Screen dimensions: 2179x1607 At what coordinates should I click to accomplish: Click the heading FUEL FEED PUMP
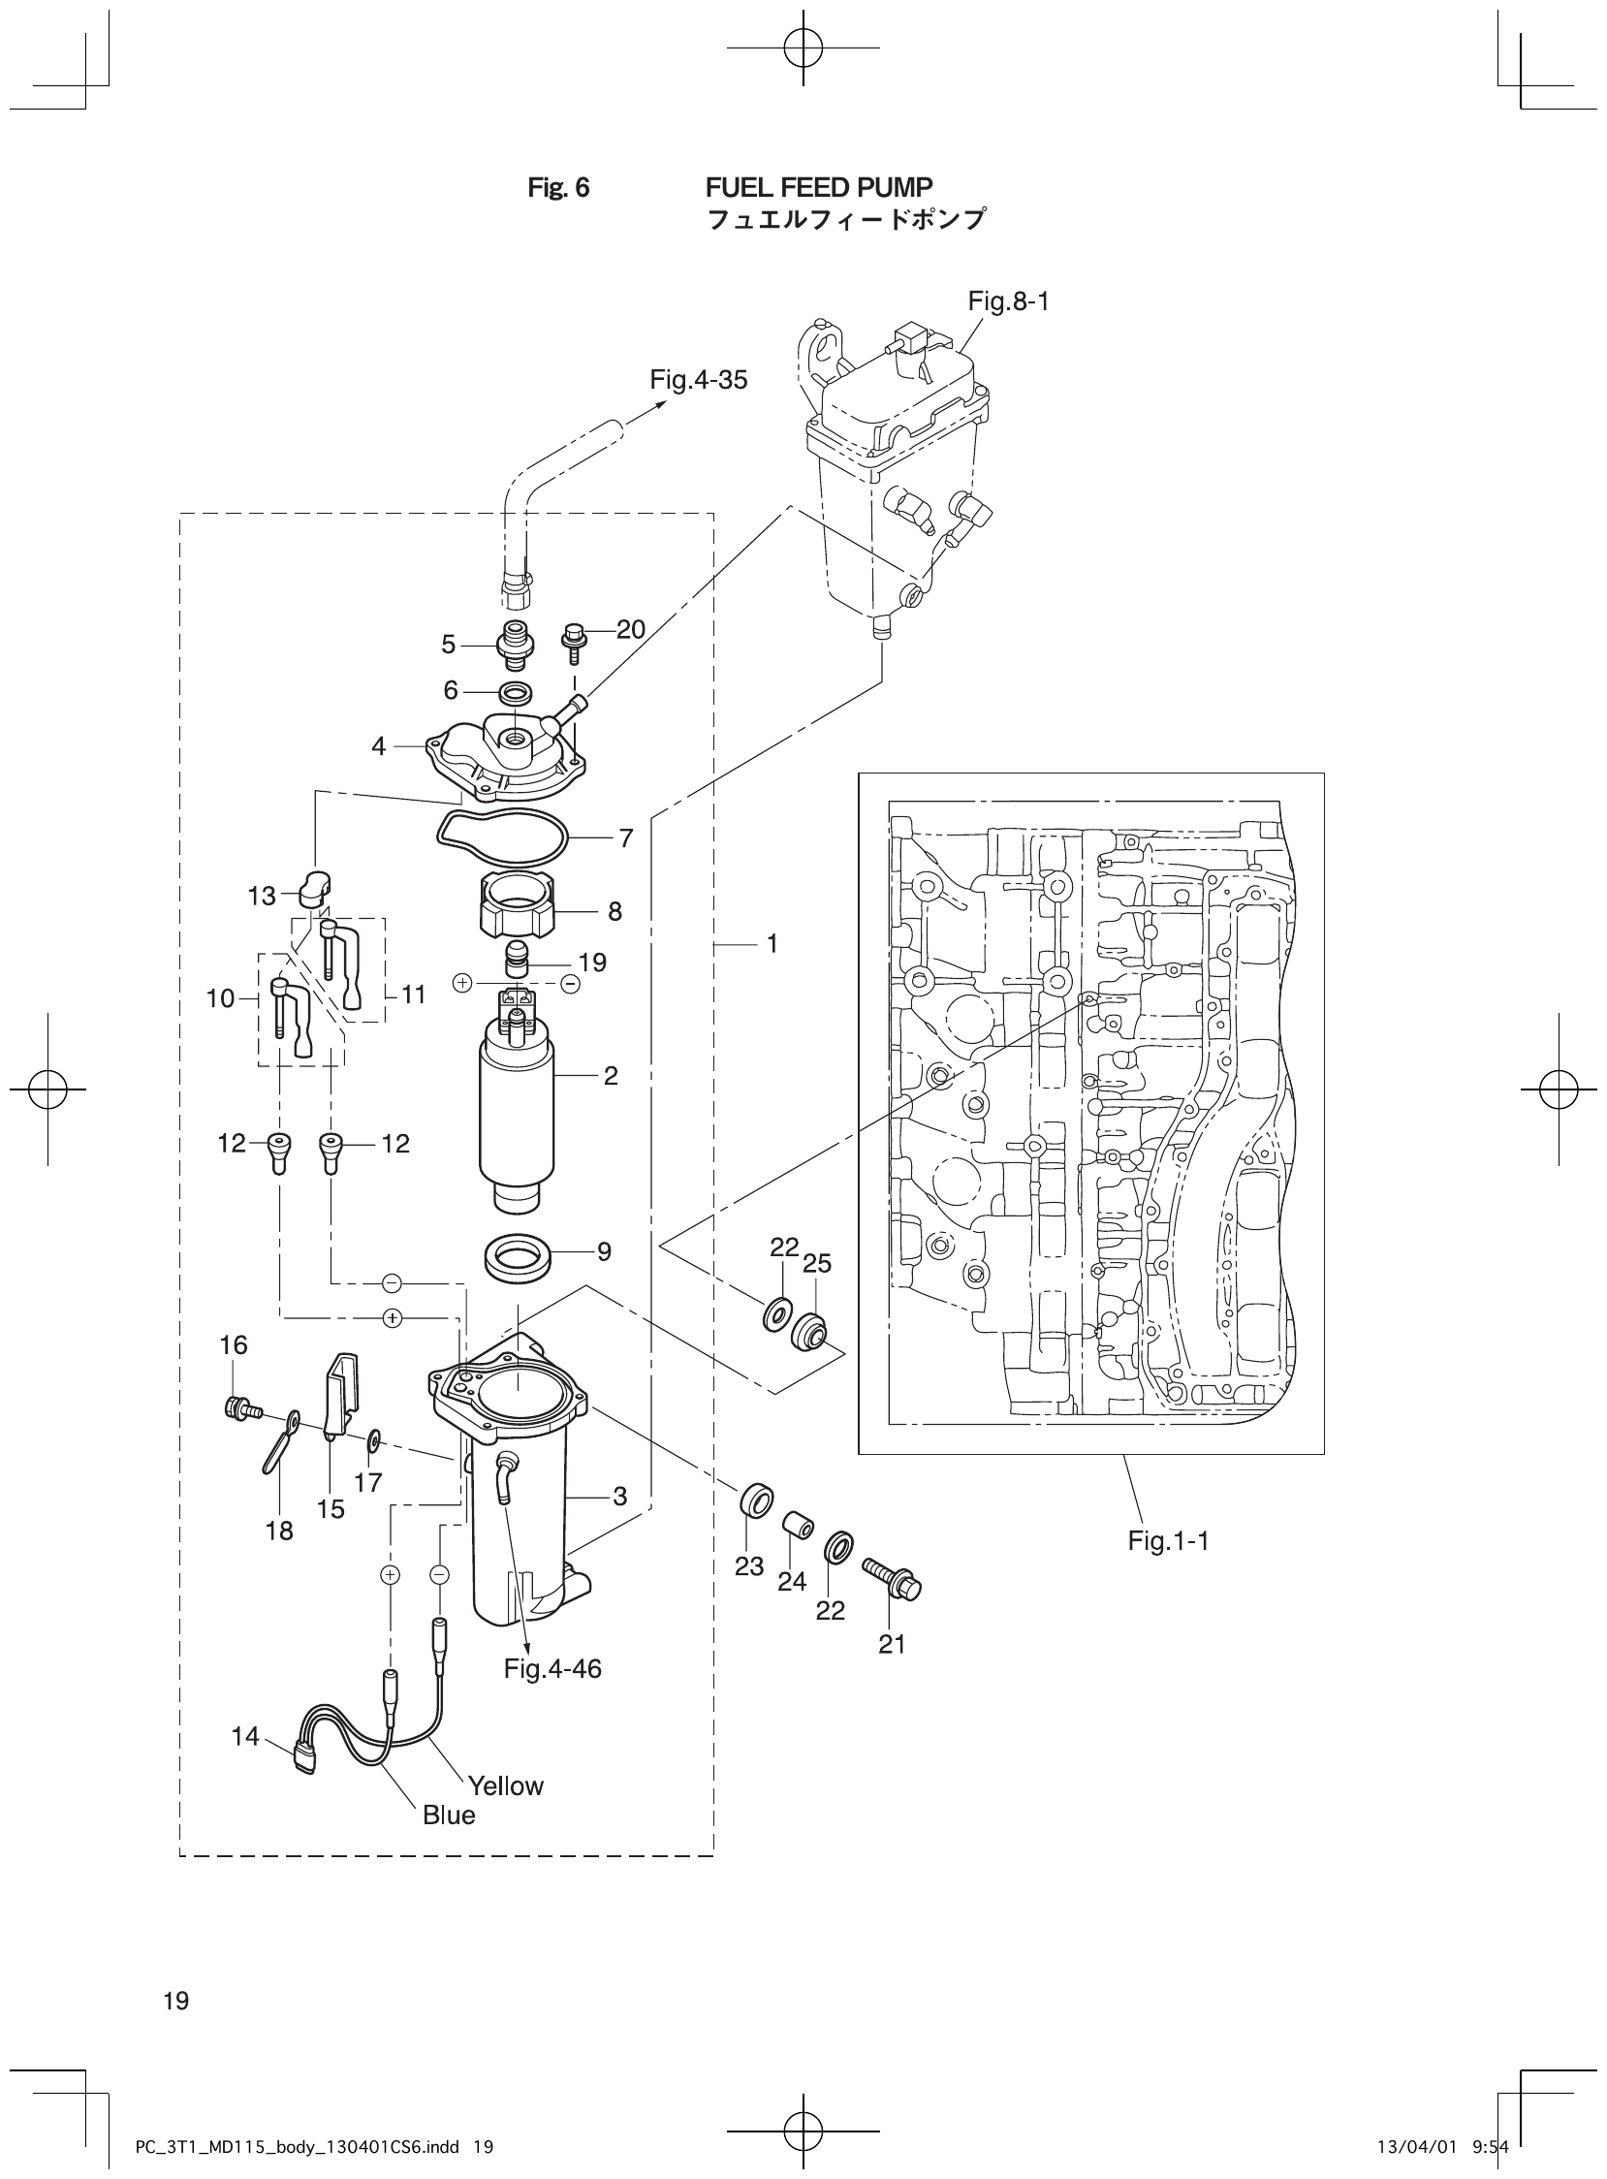pyautogui.click(x=818, y=187)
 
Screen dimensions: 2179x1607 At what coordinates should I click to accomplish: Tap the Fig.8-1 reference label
pyautogui.click(x=1008, y=301)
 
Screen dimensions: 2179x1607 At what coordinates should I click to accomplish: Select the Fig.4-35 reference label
pyautogui.click(x=699, y=380)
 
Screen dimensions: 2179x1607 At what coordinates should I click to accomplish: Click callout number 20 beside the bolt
pyautogui.click(x=630, y=629)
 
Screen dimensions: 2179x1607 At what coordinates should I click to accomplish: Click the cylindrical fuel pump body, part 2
pyautogui.click(x=516, y=1109)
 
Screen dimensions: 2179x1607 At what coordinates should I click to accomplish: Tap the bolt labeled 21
pyautogui.click(x=892, y=1578)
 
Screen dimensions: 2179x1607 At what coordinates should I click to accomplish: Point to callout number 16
pyautogui.click(x=234, y=1345)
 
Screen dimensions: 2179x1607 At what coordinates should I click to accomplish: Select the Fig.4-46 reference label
pyautogui.click(x=552, y=1669)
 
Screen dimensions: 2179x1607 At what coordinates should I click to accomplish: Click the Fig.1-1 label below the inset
pyautogui.click(x=1168, y=1541)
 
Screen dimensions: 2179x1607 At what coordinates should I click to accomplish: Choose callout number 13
pyautogui.click(x=262, y=896)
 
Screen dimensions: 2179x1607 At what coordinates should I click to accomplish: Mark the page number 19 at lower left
pyautogui.click(x=177, y=2001)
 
